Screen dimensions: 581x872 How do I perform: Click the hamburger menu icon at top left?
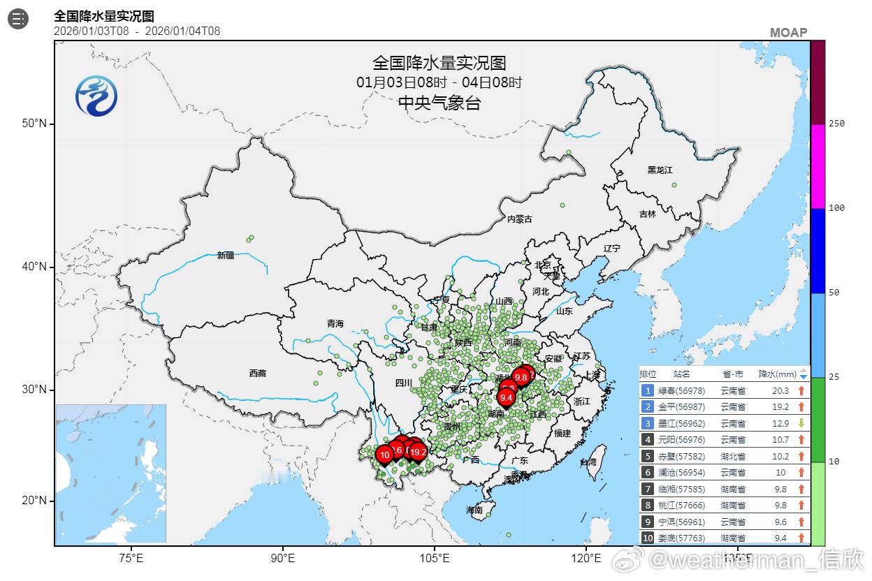pyautogui.click(x=18, y=20)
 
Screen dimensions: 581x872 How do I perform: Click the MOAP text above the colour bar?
pyautogui.click(x=788, y=32)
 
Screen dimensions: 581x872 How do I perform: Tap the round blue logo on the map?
pyautogui.click(x=96, y=96)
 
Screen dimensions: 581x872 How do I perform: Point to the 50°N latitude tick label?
pyautogui.click(x=34, y=124)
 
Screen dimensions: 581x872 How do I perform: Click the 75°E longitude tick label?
pyautogui.click(x=131, y=558)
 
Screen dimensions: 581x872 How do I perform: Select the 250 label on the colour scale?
pyautogui.click(x=836, y=124)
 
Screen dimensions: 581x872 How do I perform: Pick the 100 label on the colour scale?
pyautogui.click(x=836, y=208)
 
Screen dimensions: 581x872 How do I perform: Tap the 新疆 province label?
pyautogui.click(x=226, y=256)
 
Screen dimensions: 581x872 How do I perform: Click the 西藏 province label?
pyautogui.click(x=258, y=374)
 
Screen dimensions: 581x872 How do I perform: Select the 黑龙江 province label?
pyautogui.click(x=660, y=170)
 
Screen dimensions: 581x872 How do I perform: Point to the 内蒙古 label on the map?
pyautogui.click(x=519, y=219)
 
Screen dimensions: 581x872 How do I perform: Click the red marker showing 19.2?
pyautogui.click(x=418, y=453)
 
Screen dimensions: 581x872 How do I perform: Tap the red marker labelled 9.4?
pyautogui.click(x=507, y=397)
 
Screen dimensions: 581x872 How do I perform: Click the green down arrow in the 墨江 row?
pyautogui.click(x=801, y=423)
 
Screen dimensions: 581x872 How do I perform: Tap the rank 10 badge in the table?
pyautogui.click(x=648, y=538)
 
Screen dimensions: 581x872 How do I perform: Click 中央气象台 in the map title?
pyautogui.click(x=439, y=103)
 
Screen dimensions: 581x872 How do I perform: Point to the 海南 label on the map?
pyautogui.click(x=474, y=510)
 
